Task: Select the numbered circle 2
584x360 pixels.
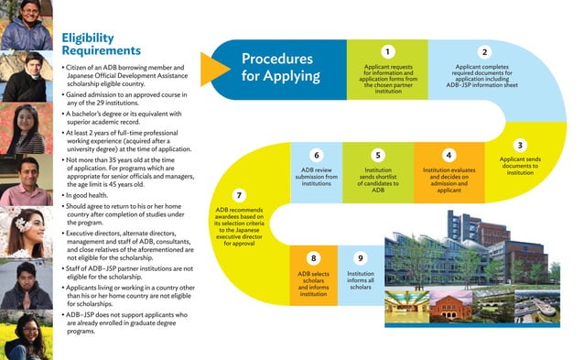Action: [x=485, y=52]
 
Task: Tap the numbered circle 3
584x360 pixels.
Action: [x=520, y=145]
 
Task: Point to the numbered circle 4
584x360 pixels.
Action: [x=448, y=155]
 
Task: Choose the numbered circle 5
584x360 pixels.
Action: [x=377, y=155]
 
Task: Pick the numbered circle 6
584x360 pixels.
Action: [x=316, y=155]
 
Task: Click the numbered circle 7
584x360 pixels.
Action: [x=239, y=195]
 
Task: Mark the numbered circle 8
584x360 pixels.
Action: [x=313, y=258]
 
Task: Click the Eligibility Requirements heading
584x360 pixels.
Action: [x=101, y=43]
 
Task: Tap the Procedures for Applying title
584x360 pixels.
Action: [x=277, y=66]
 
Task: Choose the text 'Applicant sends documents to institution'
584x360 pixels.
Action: [x=520, y=166]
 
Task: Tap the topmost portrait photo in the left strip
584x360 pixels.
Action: [x=25, y=23]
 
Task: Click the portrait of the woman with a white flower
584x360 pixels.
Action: [x=25, y=230]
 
